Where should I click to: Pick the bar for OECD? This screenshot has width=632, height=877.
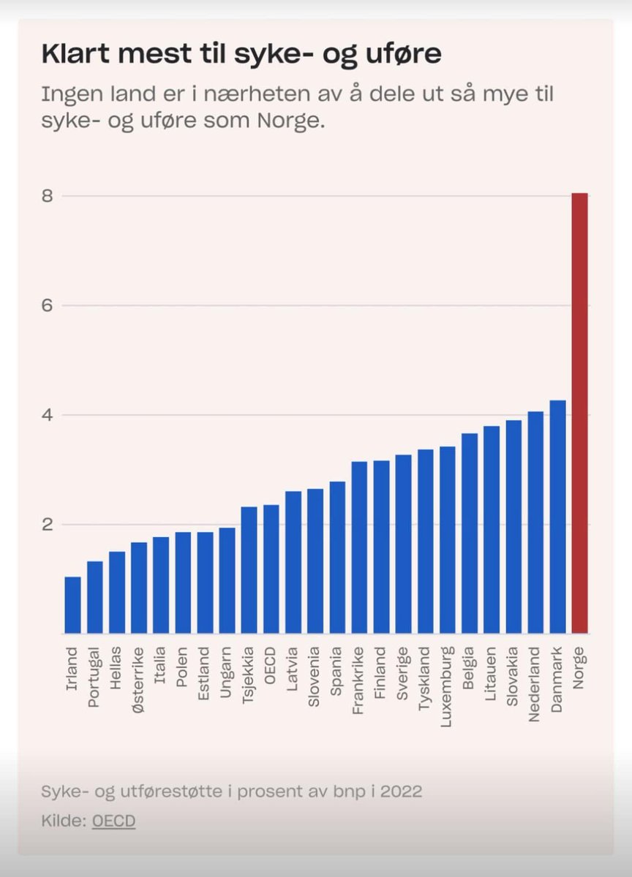click(x=271, y=569)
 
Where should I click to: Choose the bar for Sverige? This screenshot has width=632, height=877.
click(x=403, y=544)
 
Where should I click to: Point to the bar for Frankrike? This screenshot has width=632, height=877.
click(x=359, y=547)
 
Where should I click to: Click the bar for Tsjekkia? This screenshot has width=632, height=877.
click(x=249, y=570)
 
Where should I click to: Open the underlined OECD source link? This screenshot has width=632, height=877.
click(x=113, y=821)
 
